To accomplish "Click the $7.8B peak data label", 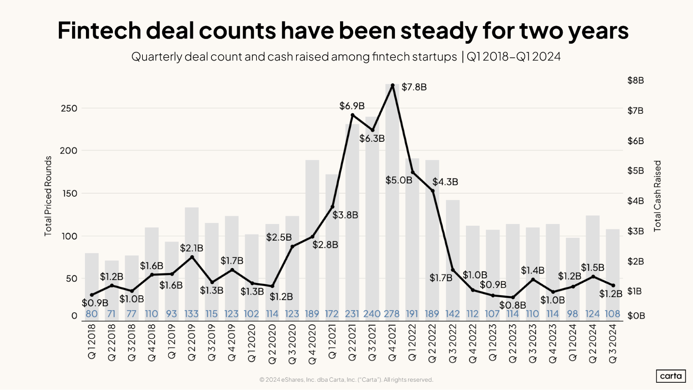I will tap(414, 87).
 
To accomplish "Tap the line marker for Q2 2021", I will tap(353, 115).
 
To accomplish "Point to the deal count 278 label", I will tap(392, 314).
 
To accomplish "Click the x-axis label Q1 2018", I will tap(92, 341).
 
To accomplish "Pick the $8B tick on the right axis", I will tap(635, 80).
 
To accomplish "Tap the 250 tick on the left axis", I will tap(69, 109).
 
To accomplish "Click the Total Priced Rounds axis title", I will tap(48, 196).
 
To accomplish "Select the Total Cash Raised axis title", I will tap(657, 196).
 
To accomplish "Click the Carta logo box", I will tap(670, 376).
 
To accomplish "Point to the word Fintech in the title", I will tap(99, 31).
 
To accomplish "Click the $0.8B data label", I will tap(512, 305).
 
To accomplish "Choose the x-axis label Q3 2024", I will tap(613, 343).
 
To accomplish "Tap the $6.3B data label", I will tap(372, 139).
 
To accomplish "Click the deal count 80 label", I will tap(92, 314).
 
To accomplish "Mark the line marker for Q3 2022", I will tap(453, 270).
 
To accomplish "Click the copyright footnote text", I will tap(346, 380).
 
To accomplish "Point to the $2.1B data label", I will tap(191, 248).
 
